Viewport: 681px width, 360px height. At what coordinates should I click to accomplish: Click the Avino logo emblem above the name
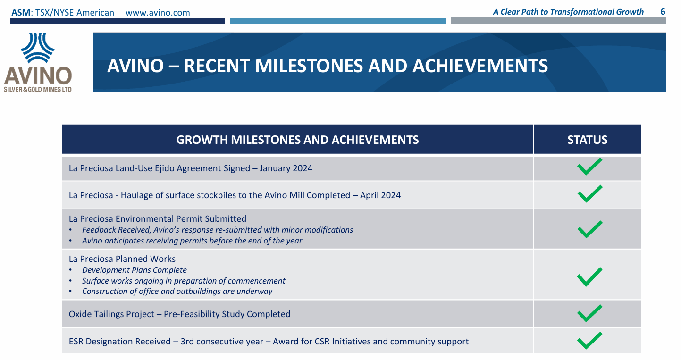[38, 48]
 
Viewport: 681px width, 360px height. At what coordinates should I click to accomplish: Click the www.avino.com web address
[158, 12]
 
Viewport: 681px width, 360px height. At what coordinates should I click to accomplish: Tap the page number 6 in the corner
[663, 12]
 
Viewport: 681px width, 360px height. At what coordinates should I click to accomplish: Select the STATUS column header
[587, 140]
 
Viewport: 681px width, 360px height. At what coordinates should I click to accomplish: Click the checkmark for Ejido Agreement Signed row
[589, 167]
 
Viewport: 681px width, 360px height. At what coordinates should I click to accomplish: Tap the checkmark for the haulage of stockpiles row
[589, 194]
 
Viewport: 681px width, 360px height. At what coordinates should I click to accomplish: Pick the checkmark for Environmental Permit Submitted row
[589, 229]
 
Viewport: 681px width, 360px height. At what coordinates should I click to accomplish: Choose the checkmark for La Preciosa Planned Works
[589, 276]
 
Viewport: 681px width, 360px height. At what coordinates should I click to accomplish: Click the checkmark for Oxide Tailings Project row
[589, 313]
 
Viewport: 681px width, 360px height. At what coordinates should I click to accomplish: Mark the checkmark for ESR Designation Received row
[589, 340]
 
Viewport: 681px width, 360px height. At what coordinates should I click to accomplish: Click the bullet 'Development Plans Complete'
[134, 270]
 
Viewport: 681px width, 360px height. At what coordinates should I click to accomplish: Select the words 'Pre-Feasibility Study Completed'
[227, 314]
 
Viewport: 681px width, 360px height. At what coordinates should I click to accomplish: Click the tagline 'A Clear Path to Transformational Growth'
[568, 12]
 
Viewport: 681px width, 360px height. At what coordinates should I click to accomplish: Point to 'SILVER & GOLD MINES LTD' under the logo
[38, 89]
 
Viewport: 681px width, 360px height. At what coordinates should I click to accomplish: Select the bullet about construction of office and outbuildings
[177, 291]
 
